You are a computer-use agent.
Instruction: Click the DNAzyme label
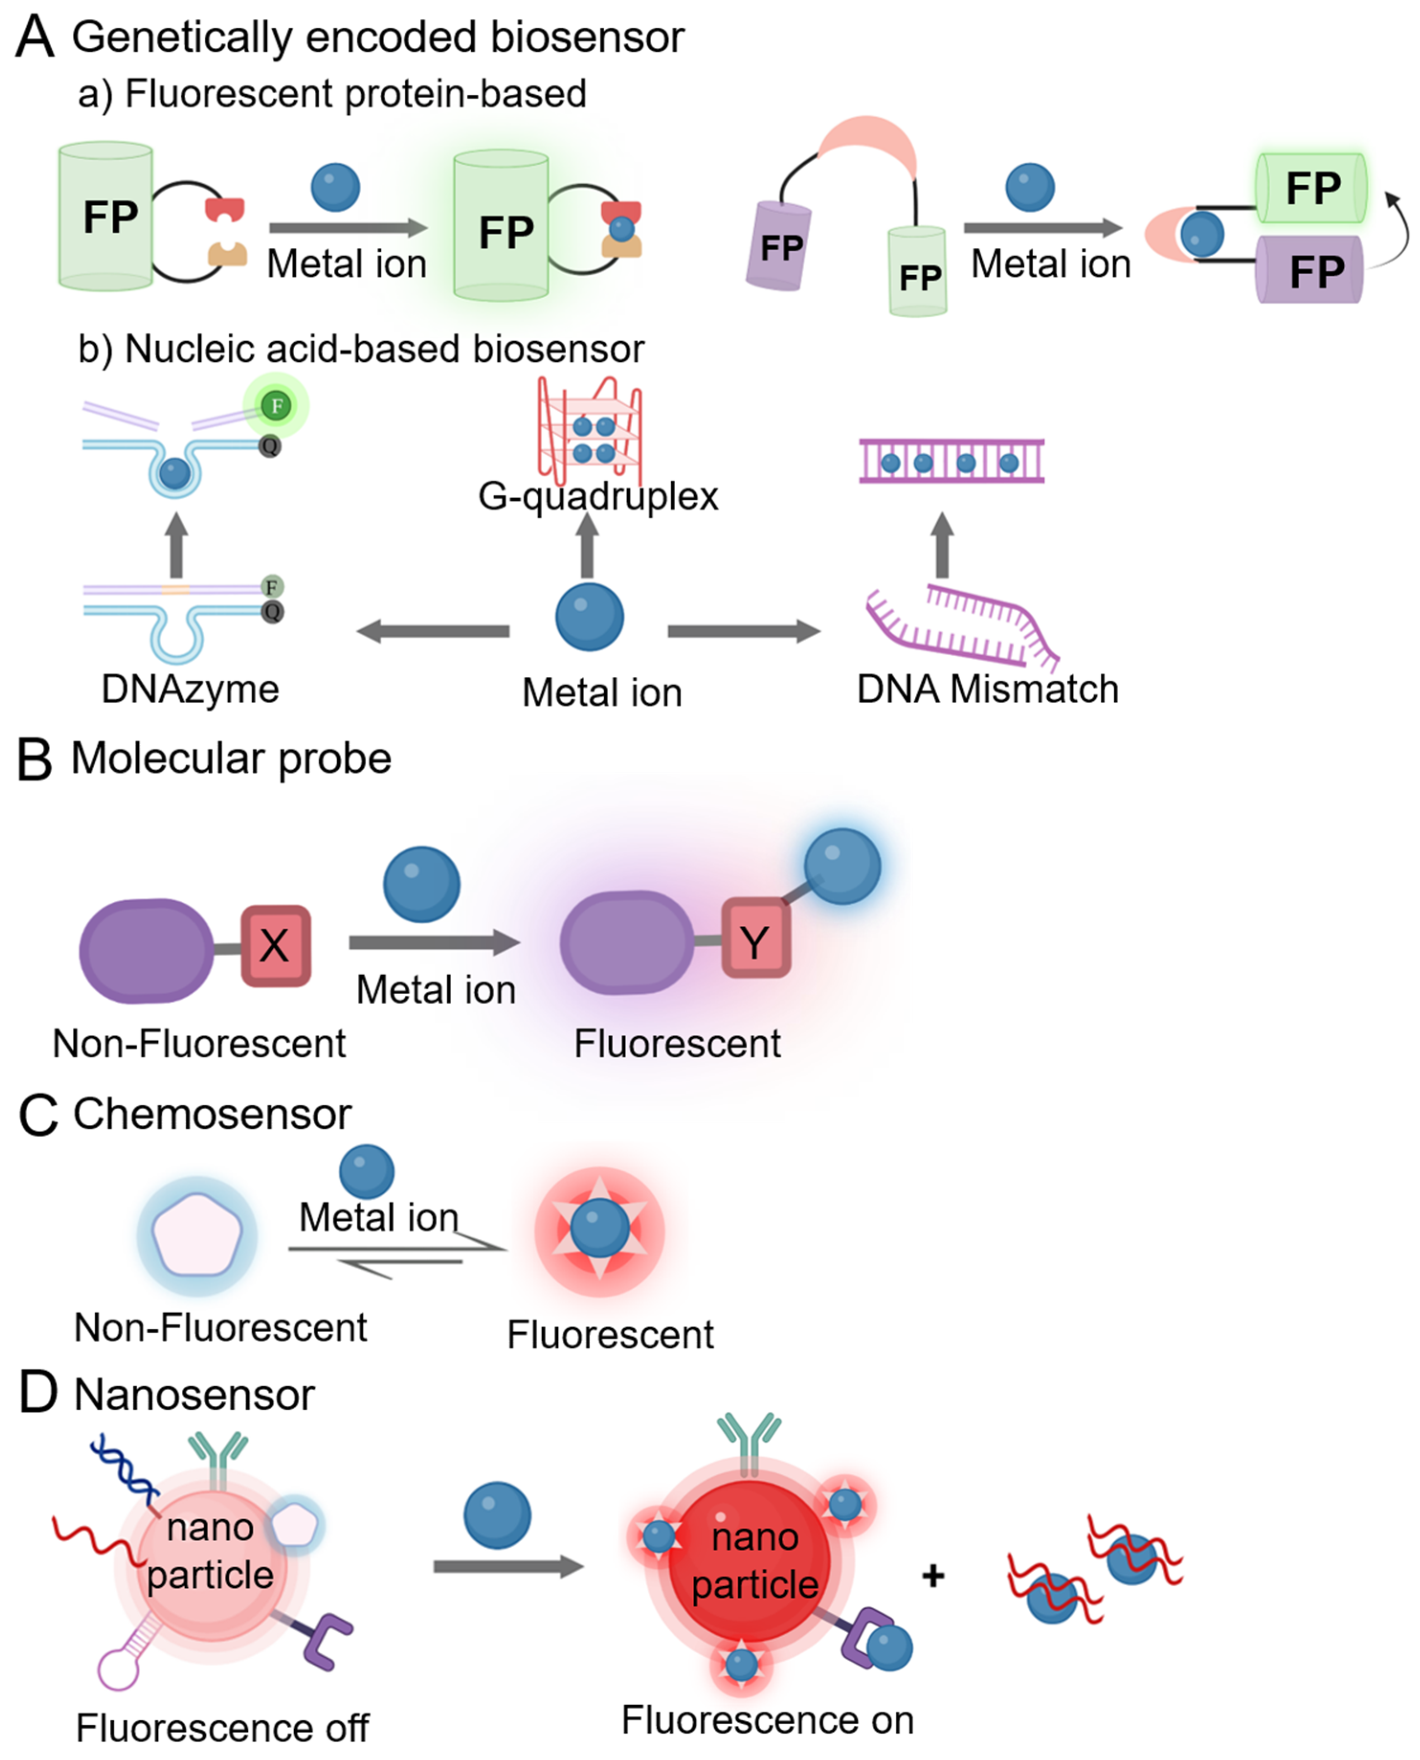(x=190, y=689)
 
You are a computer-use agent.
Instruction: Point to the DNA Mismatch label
(x=987, y=689)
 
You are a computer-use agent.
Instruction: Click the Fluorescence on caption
(x=767, y=1720)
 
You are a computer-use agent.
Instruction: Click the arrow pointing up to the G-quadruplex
(x=587, y=544)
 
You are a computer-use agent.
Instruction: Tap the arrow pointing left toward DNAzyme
(x=433, y=631)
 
